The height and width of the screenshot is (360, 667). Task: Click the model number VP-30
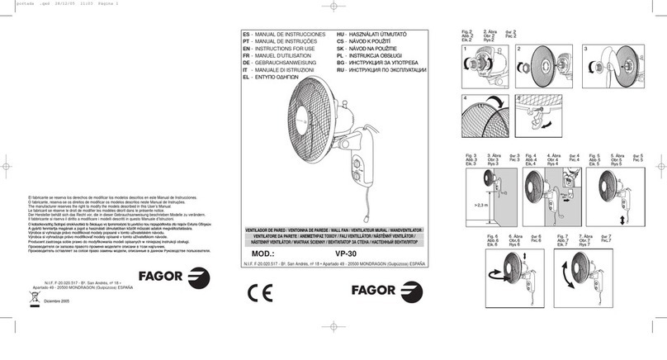tap(348, 253)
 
